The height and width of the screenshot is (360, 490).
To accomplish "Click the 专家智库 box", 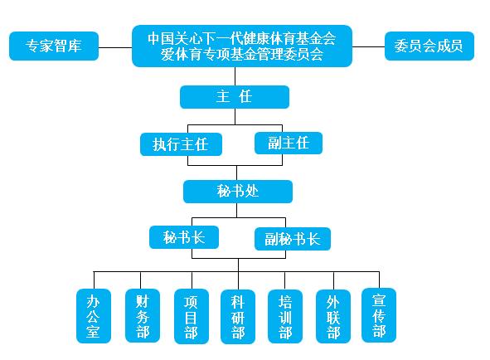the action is pyautogui.click(x=54, y=46).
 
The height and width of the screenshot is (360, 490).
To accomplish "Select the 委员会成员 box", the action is pyautogui.click(x=429, y=46).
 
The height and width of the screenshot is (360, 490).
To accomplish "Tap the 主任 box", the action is pyautogui.click(x=235, y=97).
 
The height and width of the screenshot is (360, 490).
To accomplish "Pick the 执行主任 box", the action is pyautogui.click(x=181, y=144).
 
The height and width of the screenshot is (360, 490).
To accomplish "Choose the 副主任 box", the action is pyautogui.click(x=289, y=144).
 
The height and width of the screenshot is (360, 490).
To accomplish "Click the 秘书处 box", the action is pyautogui.click(x=238, y=192).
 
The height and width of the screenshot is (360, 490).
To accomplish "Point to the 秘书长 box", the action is pyautogui.click(x=184, y=238).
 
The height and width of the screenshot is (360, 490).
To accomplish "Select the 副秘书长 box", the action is pyautogui.click(x=293, y=239).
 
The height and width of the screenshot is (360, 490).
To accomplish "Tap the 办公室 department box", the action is pyautogui.click(x=94, y=316).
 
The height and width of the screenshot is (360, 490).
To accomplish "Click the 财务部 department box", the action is pyautogui.click(x=143, y=315).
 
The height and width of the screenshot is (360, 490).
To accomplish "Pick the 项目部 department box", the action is pyautogui.click(x=192, y=316).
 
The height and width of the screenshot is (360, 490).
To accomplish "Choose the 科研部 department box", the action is pyautogui.click(x=238, y=317).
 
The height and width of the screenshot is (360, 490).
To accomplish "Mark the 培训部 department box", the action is pyautogui.click(x=285, y=316).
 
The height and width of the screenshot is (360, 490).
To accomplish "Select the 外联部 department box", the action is pyautogui.click(x=333, y=316).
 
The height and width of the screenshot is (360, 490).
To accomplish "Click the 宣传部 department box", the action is pyautogui.click(x=379, y=315).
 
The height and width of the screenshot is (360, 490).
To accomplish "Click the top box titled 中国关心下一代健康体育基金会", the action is pyautogui.click(x=242, y=46).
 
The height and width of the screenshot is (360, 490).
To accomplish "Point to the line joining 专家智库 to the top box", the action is pyautogui.click(x=115, y=47).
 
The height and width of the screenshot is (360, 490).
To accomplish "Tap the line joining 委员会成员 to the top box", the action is pyautogui.click(x=368, y=47).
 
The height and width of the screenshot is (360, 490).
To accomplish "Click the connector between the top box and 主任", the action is pyautogui.click(x=235, y=76).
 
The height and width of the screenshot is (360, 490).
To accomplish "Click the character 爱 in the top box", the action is pyautogui.click(x=167, y=55).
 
